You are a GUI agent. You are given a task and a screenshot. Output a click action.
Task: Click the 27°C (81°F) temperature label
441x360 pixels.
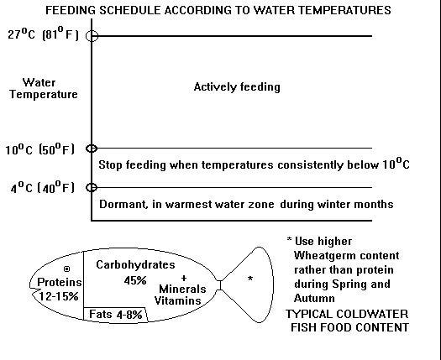point(43,34)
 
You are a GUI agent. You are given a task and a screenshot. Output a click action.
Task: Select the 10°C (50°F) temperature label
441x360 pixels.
point(40,149)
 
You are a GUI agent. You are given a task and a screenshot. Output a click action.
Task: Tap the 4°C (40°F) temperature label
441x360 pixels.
point(43,187)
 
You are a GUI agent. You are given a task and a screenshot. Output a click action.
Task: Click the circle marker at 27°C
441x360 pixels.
point(92,36)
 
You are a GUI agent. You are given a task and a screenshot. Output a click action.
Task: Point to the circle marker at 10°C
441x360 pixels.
point(92,149)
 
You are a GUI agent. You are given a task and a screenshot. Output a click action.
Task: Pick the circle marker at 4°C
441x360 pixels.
point(92,187)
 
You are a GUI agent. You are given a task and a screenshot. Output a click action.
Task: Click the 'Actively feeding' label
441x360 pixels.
point(237,86)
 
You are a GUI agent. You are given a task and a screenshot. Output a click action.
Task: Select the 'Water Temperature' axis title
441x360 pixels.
point(44,88)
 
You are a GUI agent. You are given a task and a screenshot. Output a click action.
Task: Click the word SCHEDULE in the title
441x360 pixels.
point(131,10)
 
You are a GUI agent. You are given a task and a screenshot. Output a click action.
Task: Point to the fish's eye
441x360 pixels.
point(66,269)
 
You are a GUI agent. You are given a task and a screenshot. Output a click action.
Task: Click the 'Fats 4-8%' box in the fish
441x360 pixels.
point(115,315)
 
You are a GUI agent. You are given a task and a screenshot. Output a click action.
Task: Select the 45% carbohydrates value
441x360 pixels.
point(135,280)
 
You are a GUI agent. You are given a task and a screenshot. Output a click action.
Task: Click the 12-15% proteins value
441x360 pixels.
point(59,296)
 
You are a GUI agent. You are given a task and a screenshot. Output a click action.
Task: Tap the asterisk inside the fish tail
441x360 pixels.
point(250,279)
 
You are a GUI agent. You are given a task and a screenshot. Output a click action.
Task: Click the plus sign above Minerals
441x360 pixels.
point(184,278)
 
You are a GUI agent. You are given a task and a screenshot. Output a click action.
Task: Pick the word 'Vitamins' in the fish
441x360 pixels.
point(178,300)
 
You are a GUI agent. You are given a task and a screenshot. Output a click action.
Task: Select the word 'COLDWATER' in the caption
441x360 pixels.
point(376,314)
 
